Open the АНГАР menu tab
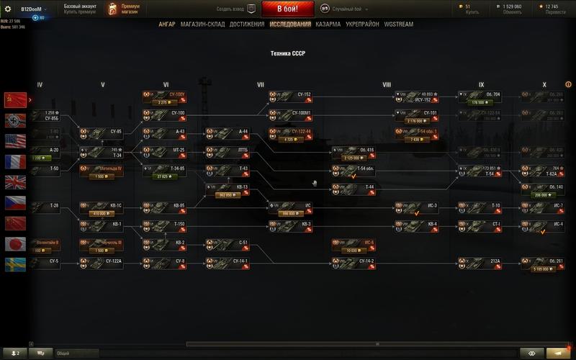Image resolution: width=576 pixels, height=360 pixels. pyautogui.click(x=166, y=24)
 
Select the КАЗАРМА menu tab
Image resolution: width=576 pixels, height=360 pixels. pyautogui.click(x=328, y=24)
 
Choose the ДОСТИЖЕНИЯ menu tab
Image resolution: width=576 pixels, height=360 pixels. pyautogui.click(x=248, y=24)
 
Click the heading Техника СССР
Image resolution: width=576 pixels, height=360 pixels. pyautogui.click(x=287, y=53)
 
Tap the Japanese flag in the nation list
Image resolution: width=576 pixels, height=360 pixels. pyautogui.click(x=15, y=244)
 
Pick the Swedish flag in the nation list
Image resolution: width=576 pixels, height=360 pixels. pyautogui.click(x=15, y=265)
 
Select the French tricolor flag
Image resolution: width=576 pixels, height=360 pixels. pyautogui.click(x=15, y=161)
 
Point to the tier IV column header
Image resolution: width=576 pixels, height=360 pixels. pyautogui.click(x=40, y=85)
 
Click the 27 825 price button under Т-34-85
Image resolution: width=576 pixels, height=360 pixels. pyautogui.click(x=165, y=176)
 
